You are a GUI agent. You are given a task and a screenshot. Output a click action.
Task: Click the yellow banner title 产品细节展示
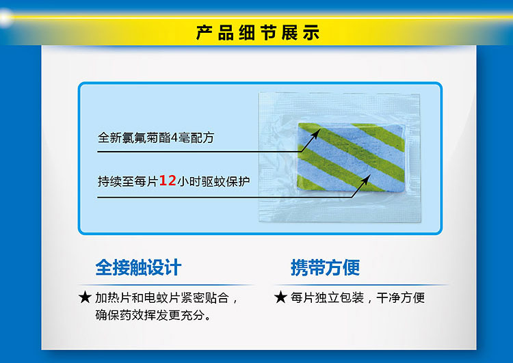click(258, 32)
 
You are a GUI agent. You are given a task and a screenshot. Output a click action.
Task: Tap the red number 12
click(168, 180)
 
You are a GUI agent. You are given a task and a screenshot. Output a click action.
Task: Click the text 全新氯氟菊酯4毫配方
click(156, 137)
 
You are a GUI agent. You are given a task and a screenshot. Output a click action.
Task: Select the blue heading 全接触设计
click(138, 267)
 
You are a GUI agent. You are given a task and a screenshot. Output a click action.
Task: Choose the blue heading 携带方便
click(325, 267)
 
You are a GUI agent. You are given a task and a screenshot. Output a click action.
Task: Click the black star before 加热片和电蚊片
click(85, 297)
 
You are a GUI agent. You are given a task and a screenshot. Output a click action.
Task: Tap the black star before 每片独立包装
click(280, 297)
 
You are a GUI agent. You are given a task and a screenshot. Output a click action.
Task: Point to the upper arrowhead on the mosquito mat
click(316, 133)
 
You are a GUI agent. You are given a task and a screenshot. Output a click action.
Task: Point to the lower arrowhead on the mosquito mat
click(366, 179)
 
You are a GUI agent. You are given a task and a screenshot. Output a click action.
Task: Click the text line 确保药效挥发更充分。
click(153, 315)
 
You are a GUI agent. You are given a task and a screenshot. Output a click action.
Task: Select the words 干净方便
click(400, 297)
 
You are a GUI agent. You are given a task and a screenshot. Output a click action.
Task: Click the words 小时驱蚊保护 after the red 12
click(213, 181)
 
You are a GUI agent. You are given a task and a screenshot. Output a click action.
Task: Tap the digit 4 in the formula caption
click(174, 138)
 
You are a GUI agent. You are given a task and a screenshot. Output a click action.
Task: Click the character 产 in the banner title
click(205, 33)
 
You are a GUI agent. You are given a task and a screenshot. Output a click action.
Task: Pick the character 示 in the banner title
click(311, 33)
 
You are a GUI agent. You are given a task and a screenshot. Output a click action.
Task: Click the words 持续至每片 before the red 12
click(128, 181)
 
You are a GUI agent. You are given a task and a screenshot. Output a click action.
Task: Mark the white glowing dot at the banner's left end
click(5, 17)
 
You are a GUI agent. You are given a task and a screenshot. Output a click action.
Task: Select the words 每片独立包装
click(327, 297)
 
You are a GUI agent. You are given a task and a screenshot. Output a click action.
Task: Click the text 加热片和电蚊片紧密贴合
click(162, 297)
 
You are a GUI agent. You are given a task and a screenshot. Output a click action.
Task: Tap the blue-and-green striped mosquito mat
click(351, 157)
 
